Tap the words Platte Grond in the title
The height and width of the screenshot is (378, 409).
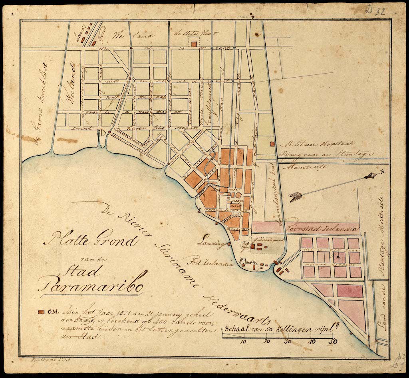91,240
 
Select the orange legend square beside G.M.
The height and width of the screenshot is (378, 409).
40,311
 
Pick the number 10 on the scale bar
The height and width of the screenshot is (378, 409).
244,342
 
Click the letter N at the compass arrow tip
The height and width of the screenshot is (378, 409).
382,172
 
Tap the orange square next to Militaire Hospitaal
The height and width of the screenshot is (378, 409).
272,144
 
